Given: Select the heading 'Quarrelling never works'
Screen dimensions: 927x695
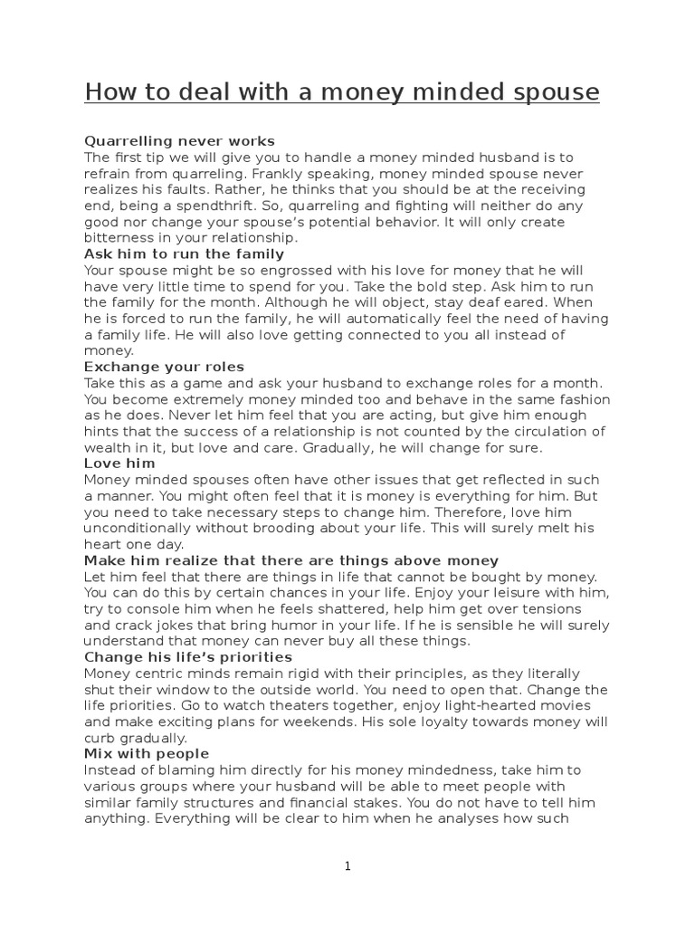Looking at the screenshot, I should coord(179,141).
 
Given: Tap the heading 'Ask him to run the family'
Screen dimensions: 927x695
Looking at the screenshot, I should coord(184,254).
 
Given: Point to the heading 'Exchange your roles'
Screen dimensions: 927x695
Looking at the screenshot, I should coord(164,367).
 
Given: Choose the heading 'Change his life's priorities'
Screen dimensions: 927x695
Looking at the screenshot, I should coord(188,656).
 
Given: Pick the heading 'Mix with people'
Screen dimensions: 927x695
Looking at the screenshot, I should coord(147,753).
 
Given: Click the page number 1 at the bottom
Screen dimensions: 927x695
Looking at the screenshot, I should coord(347,866).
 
